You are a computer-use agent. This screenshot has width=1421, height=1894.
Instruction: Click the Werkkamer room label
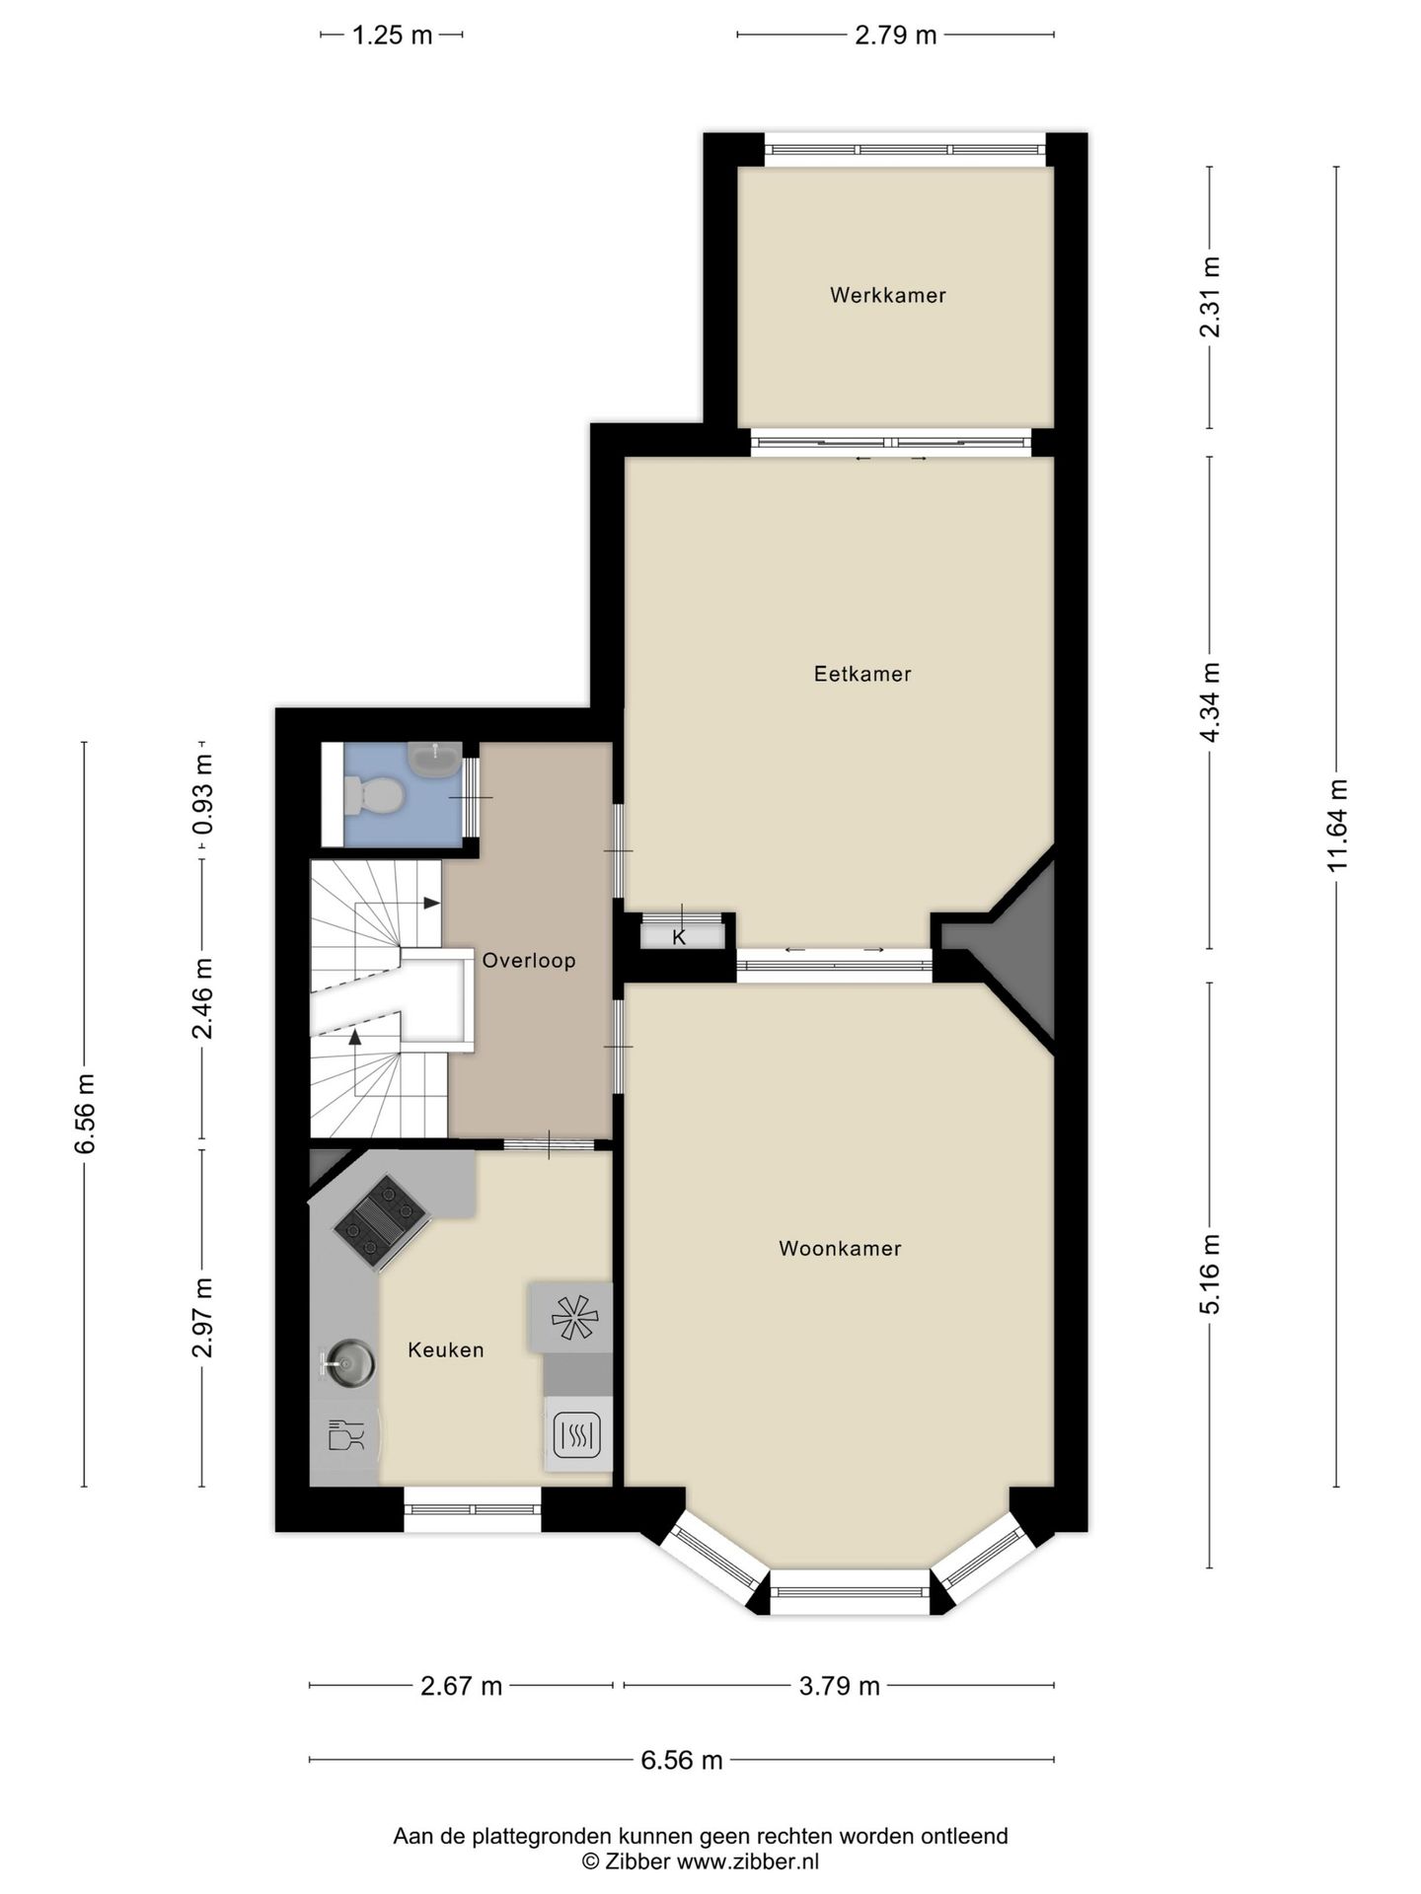[x=887, y=295]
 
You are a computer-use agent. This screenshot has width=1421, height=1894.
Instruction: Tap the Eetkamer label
[x=862, y=674]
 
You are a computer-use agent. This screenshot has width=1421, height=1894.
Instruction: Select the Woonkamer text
[x=840, y=1248]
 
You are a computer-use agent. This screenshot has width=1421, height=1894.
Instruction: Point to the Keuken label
[x=446, y=1349]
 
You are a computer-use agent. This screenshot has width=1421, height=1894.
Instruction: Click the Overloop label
[x=529, y=960]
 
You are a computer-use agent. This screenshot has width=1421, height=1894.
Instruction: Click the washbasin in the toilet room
[x=433, y=758]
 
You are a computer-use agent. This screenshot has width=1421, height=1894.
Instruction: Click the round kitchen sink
[x=348, y=1363]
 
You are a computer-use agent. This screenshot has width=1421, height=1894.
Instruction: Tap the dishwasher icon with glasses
[x=344, y=1434]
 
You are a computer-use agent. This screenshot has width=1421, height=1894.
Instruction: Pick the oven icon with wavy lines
[x=577, y=1434]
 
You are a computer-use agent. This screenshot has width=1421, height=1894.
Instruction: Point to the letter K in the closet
[x=679, y=937]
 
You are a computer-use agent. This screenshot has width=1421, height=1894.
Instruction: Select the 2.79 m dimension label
[x=896, y=36]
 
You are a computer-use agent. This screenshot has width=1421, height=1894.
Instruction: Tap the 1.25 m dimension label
[x=393, y=36]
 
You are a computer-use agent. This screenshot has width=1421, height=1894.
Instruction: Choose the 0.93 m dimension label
[x=203, y=795]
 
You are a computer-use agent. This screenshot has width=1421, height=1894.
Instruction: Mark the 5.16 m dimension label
[x=1210, y=1274]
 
